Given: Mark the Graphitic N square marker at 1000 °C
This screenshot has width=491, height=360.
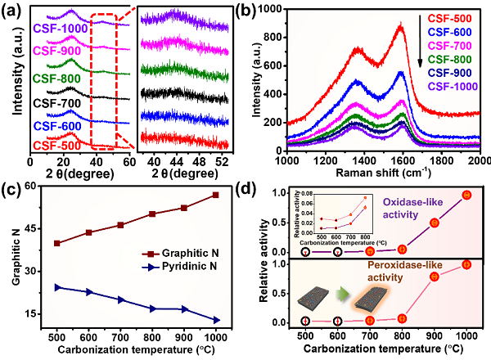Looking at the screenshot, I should click(x=214, y=195).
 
